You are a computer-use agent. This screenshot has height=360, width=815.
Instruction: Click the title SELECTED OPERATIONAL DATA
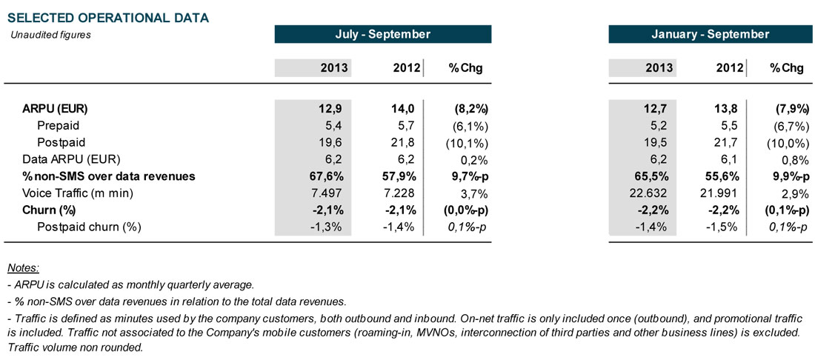point(107,17)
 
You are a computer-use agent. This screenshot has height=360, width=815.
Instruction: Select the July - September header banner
point(382,34)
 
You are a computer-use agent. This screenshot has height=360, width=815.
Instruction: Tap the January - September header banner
point(710,34)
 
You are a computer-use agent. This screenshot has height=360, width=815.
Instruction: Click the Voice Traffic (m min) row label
point(72,193)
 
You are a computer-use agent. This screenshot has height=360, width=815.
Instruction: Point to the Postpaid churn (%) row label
point(89,226)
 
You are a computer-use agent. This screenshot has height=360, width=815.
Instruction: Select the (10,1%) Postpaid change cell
point(466,142)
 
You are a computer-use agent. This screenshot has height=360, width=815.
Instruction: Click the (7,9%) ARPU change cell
point(785,109)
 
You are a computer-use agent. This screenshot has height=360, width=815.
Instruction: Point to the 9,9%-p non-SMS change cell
point(782,176)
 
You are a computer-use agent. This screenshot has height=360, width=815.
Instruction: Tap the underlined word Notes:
point(22,267)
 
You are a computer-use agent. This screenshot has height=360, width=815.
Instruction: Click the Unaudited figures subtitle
point(50,34)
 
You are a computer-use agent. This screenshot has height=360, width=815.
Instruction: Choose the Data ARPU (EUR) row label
point(71,159)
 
